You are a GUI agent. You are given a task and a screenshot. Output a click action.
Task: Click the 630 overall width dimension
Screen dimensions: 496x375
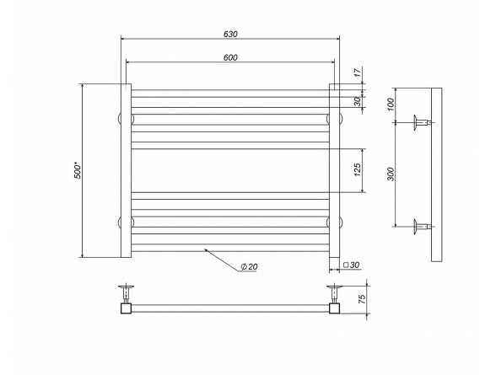tap(230, 34)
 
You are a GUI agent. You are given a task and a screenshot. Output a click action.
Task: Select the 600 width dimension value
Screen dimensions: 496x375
tap(230, 57)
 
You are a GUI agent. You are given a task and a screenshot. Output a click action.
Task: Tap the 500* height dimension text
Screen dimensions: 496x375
tap(78, 170)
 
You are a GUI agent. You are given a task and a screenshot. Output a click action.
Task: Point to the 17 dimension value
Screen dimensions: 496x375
tap(357, 72)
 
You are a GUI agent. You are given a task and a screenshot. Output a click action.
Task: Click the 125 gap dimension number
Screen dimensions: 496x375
tap(357, 170)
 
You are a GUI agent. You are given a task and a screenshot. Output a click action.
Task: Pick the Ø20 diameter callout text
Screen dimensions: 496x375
tap(249, 267)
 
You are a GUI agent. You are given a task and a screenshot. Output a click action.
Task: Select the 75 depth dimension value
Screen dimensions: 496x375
tap(362, 299)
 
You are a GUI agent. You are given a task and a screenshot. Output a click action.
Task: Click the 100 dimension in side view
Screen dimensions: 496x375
tap(391, 104)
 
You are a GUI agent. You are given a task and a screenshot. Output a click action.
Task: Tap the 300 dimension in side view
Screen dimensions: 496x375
tap(391, 174)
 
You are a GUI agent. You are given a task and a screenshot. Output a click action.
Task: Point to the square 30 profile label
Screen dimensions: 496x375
tap(352, 265)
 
